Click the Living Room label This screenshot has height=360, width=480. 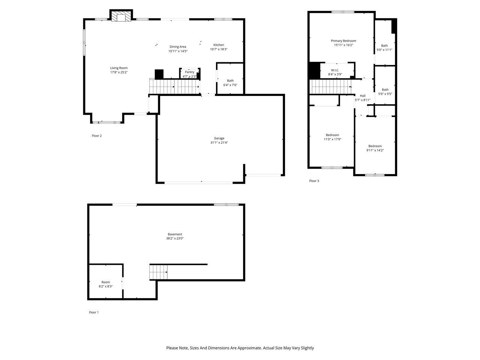point(118,68)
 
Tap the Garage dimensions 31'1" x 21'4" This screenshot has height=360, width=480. point(219,142)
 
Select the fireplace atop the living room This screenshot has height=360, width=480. point(121,16)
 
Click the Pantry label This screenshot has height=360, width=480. point(189,72)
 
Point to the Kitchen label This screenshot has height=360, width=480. point(219,45)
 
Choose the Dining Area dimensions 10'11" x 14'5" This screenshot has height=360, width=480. point(178,51)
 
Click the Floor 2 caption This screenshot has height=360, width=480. point(97,136)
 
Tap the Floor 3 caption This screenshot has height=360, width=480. point(314,181)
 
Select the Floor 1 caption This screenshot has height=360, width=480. point(94,312)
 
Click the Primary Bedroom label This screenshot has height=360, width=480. point(343,41)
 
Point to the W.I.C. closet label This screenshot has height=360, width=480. point(335,70)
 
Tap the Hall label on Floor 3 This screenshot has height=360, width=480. point(363,96)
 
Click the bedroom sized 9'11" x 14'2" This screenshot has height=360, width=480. point(375,148)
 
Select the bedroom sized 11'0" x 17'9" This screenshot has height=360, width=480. point(332,137)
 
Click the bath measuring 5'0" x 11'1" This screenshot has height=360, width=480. point(384,48)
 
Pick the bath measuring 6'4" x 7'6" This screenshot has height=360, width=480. point(230,83)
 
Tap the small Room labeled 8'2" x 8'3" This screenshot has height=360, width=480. point(105,284)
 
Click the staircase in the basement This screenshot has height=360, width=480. point(158,272)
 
